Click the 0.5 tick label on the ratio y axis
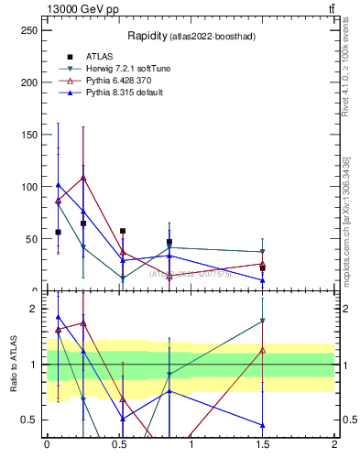[30, 420]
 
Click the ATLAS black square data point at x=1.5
[263, 268]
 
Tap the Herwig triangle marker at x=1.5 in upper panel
[263, 252]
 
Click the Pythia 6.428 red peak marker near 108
[83, 178]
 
